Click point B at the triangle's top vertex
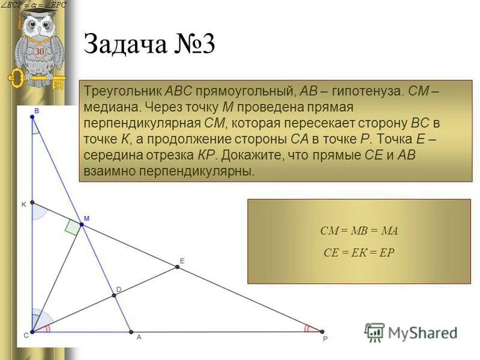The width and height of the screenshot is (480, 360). (x=32, y=117)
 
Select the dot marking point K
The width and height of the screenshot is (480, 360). (x=32, y=203)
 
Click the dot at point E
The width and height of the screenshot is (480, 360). (x=177, y=267)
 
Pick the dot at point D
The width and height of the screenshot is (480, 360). (x=114, y=295)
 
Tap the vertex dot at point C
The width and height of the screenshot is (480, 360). (x=32, y=331)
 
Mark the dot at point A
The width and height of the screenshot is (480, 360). (x=131, y=331)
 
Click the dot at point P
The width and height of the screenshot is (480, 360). (x=322, y=331)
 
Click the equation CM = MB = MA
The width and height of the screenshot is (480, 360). (x=359, y=231)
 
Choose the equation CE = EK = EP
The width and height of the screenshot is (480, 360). (x=359, y=253)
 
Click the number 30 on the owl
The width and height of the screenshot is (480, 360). (x=39, y=52)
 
